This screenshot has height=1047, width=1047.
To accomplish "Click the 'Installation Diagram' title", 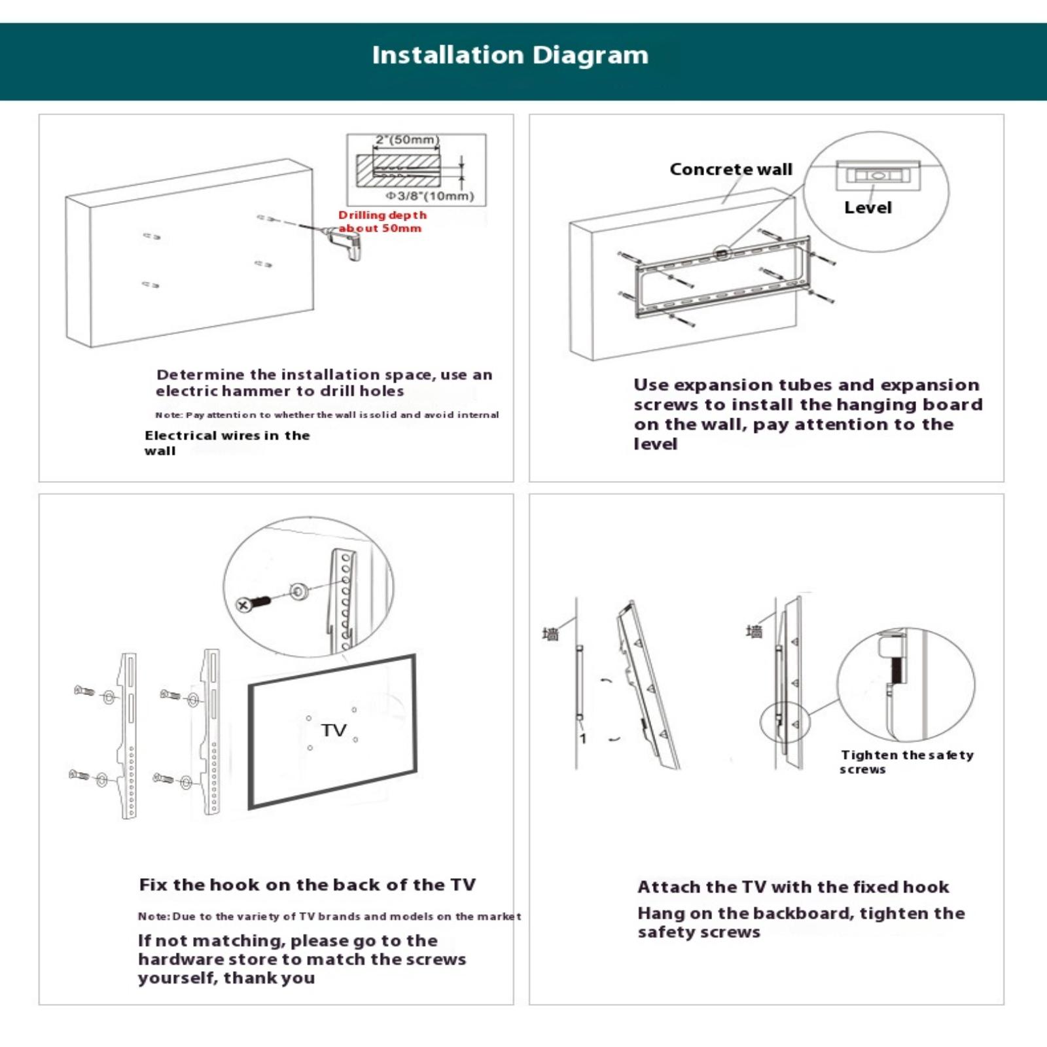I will coord(510,55).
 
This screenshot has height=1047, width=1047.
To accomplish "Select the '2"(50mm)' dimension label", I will coord(406,140).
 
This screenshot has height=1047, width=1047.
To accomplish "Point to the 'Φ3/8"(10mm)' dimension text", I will coord(429,196).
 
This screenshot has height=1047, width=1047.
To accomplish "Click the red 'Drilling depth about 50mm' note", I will coord(382,222).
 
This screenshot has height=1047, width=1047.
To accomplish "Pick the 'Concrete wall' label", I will coord(730,169).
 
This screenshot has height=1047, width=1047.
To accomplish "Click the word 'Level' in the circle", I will coord(868,207).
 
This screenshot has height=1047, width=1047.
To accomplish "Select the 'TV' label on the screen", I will coord(334,730).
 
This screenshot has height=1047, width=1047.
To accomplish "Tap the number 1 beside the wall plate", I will coord(583,739).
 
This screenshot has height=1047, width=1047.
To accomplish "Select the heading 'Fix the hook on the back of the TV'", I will coord(308,885).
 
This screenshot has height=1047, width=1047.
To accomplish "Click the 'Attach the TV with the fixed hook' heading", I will coord(793,887).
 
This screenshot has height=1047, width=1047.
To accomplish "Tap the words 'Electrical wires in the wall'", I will coord(226,443).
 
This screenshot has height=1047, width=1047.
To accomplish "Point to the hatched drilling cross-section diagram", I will coord(398,169).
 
